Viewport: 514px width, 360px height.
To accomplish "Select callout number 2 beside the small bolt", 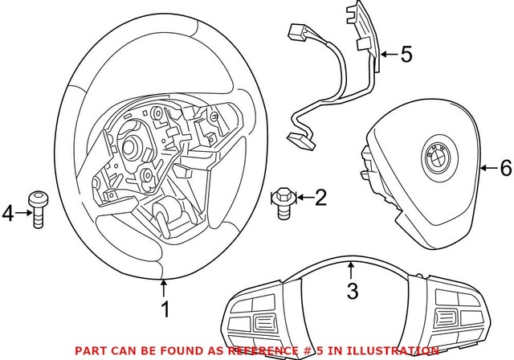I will click(320, 197).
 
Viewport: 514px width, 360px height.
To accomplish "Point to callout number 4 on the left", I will click(9, 213).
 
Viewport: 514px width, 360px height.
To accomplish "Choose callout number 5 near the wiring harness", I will click(406, 55).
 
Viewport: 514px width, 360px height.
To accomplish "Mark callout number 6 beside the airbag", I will click(504, 168).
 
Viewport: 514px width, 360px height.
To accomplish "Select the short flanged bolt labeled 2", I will click(283, 198).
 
